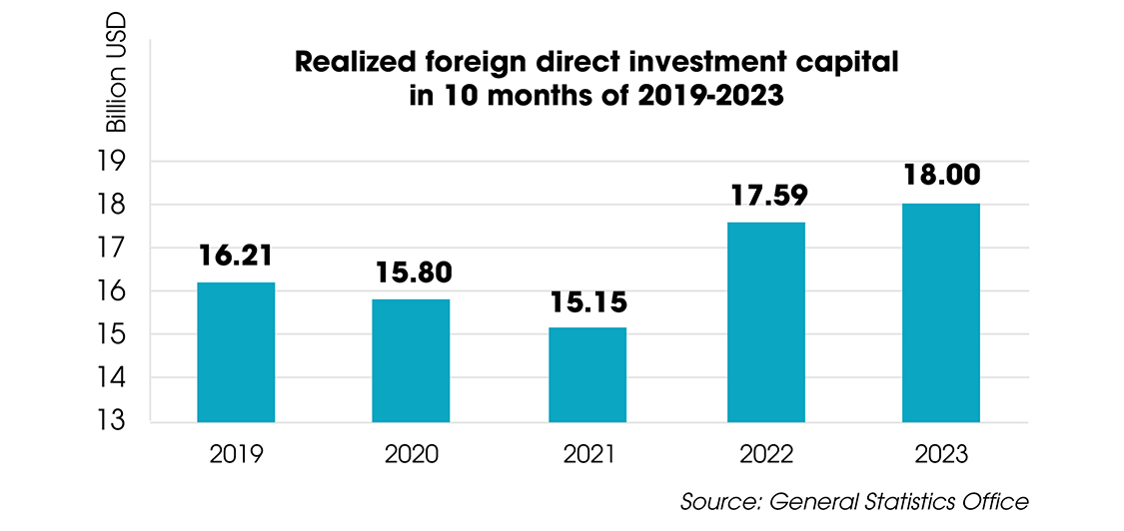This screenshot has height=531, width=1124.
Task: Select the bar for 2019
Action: tap(236, 351)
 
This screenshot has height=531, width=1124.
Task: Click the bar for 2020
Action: tap(411, 360)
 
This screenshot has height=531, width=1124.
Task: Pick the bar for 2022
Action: tap(765, 321)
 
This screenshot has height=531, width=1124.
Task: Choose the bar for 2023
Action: tap(940, 312)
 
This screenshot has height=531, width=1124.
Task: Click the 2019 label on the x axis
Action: tap(236, 454)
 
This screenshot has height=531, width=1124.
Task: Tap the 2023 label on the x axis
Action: tap(940, 454)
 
